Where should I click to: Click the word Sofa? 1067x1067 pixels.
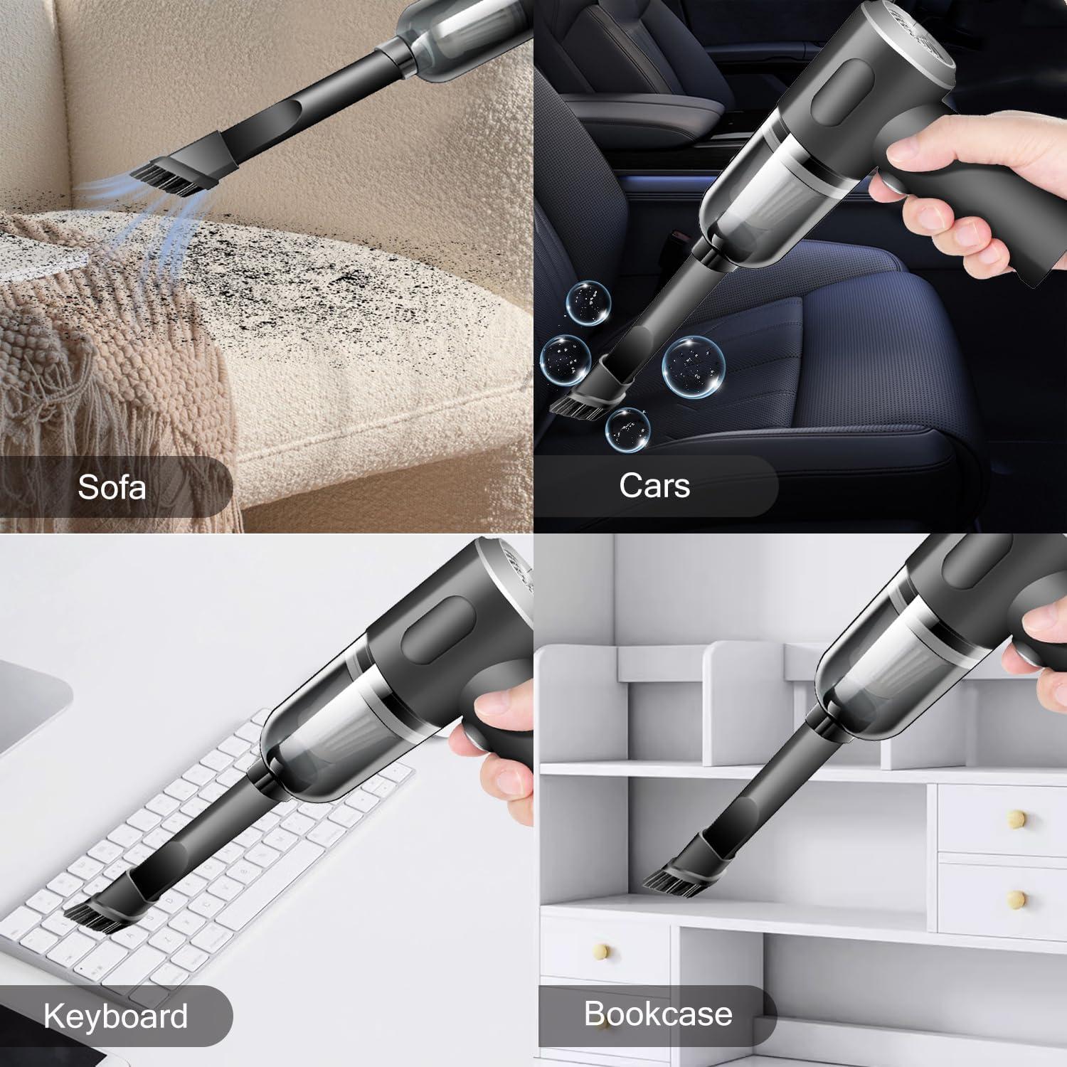click(x=112, y=487)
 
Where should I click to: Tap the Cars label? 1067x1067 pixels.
click(x=654, y=486)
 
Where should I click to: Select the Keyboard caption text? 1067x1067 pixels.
click(x=116, y=1016)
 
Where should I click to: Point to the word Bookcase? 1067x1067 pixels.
click(x=658, y=1014)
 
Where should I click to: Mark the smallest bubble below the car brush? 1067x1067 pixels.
click(x=627, y=429)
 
